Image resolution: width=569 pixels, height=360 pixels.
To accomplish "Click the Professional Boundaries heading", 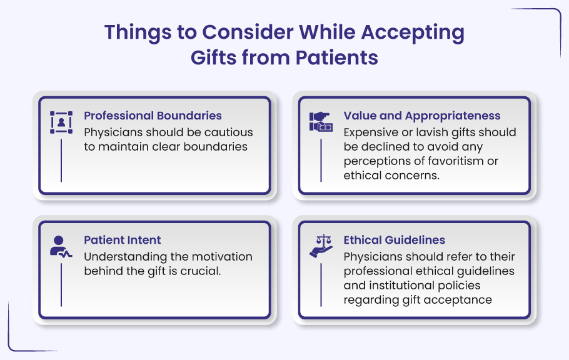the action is [x=153, y=116].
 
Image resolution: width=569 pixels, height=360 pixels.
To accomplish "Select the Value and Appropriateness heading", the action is [x=422, y=116].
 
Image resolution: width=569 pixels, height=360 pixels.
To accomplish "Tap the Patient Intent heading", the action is [x=123, y=240].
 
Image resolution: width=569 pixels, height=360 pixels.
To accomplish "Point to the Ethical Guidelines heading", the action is [x=395, y=240].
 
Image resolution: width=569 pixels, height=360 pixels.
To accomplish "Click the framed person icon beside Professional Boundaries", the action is [x=61, y=122].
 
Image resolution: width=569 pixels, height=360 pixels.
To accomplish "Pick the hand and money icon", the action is [x=321, y=122].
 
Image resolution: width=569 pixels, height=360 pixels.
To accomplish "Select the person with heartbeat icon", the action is [x=61, y=247].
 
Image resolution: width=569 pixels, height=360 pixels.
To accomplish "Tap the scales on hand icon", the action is [x=321, y=246].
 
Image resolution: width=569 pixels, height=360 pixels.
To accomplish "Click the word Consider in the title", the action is [x=248, y=32].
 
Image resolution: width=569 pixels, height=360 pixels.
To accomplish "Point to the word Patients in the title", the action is [x=337, y=57].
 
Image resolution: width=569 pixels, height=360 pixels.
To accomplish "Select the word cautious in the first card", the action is [x=228, y=132].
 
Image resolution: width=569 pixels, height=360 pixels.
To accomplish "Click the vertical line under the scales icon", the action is [x=321, y=284].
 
